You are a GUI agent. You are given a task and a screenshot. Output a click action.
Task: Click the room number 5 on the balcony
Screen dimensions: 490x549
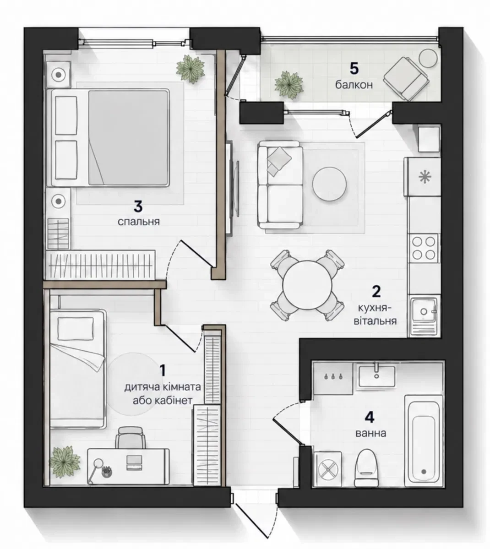click(x=354, y=69)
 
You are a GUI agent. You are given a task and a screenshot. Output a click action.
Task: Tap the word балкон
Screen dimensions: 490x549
click(x=354, y=85)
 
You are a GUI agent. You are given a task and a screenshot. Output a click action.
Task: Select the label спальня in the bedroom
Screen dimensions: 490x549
click(x=138, y=222)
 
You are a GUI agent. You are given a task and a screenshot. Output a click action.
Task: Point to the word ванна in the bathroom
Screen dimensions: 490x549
click(x=370, y=433)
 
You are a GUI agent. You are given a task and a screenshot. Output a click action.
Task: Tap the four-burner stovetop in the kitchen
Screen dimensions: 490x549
click(x=424, y=248)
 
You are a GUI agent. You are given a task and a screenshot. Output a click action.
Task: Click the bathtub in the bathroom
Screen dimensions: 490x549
click(x=423, y=441)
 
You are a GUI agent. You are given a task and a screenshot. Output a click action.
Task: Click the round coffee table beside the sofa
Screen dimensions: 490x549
click(x=329, y=184)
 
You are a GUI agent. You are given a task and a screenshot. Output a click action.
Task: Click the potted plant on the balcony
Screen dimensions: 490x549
click(x=289, y=85)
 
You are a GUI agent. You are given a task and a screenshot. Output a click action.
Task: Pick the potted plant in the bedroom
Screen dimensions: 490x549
click(x=191, y=69)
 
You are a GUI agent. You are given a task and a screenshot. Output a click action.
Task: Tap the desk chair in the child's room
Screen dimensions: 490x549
click(x=131, y=437)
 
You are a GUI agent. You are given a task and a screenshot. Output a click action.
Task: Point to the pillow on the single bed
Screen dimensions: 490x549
click(x=76, y=328)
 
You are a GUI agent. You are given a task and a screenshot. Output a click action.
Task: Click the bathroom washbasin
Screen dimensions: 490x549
click(x=376, y=376)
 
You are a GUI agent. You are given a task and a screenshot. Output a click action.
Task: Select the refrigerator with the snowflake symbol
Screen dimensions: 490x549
click(x=422, y=176)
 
